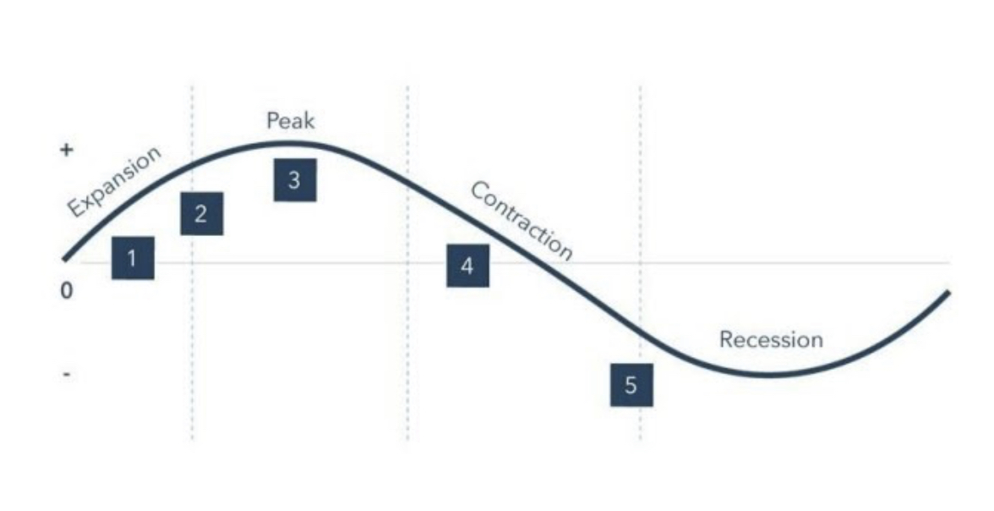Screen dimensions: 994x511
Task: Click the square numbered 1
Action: coord(133,257)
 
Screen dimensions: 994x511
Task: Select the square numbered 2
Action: coord(201,213)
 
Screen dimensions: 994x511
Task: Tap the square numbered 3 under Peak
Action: coord(294,179)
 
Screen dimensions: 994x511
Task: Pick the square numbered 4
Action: coord(467,266)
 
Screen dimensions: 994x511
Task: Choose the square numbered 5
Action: coord(631,385)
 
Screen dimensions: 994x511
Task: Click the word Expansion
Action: coord(113,181)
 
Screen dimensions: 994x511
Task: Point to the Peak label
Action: coord(290,121)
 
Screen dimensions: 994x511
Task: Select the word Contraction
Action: coord(522,220)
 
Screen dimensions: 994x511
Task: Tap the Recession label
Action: coord(770,339)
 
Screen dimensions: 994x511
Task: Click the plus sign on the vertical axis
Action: coord(67,150)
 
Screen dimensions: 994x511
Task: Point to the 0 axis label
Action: coord(67,291)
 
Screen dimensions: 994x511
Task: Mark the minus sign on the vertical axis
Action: coord(67,373)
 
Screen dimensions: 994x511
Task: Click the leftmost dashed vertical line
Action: coord(192,338)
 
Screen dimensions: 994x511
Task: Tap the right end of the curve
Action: coord(948,293)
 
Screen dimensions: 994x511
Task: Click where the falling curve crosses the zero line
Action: coord(541,262)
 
